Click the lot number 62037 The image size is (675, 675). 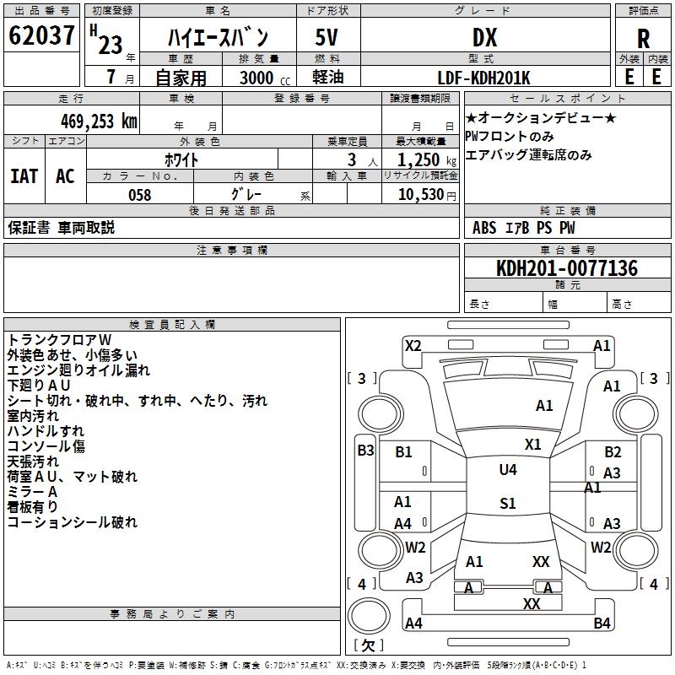[x=41, y=36]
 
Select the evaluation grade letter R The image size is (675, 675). [x=643, y=39]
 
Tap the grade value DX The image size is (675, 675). [x=484, y=37]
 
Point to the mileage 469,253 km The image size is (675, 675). [x=99, y=121]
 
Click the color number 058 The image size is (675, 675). [x=139, y=195]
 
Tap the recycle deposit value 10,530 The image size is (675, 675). [x=419, y=195]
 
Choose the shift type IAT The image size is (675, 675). [x=24, y=176]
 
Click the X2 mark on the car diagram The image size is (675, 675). [x=413, y=345]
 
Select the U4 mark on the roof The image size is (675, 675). [x=507, y=469]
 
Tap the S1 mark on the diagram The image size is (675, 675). [x=507, y=504]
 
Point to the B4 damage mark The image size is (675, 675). [x=602, y=624]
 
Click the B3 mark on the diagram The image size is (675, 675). [x=365, y=450]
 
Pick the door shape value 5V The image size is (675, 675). [x=327, y=37]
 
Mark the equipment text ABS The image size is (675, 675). [x=484, y=227]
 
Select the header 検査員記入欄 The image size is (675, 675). [x=172, y=325]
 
